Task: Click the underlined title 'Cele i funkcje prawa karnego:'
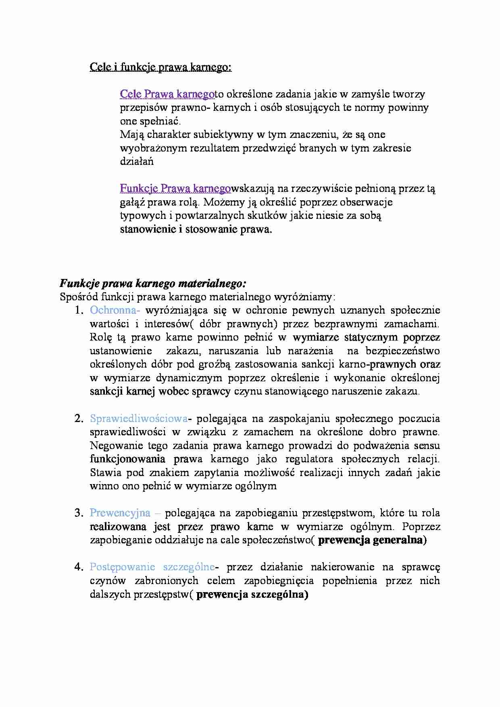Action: [160, 67]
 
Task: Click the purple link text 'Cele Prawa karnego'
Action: [167, 94]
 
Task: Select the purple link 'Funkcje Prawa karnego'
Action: [175, 188]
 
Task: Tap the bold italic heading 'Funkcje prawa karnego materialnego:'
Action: [153, 283]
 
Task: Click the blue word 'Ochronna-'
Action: [115, 310]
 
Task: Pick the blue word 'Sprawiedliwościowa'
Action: [139, 419]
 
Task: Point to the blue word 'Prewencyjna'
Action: [120, 513]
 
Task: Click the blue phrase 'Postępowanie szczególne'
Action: [152, 567]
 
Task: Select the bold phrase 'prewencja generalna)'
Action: [372, 540]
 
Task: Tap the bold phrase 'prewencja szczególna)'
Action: [252, 595]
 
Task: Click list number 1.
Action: [79, 310]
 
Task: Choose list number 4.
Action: [79, 567]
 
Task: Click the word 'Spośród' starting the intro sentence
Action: [79, 297]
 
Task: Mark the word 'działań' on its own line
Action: [136, 162]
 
